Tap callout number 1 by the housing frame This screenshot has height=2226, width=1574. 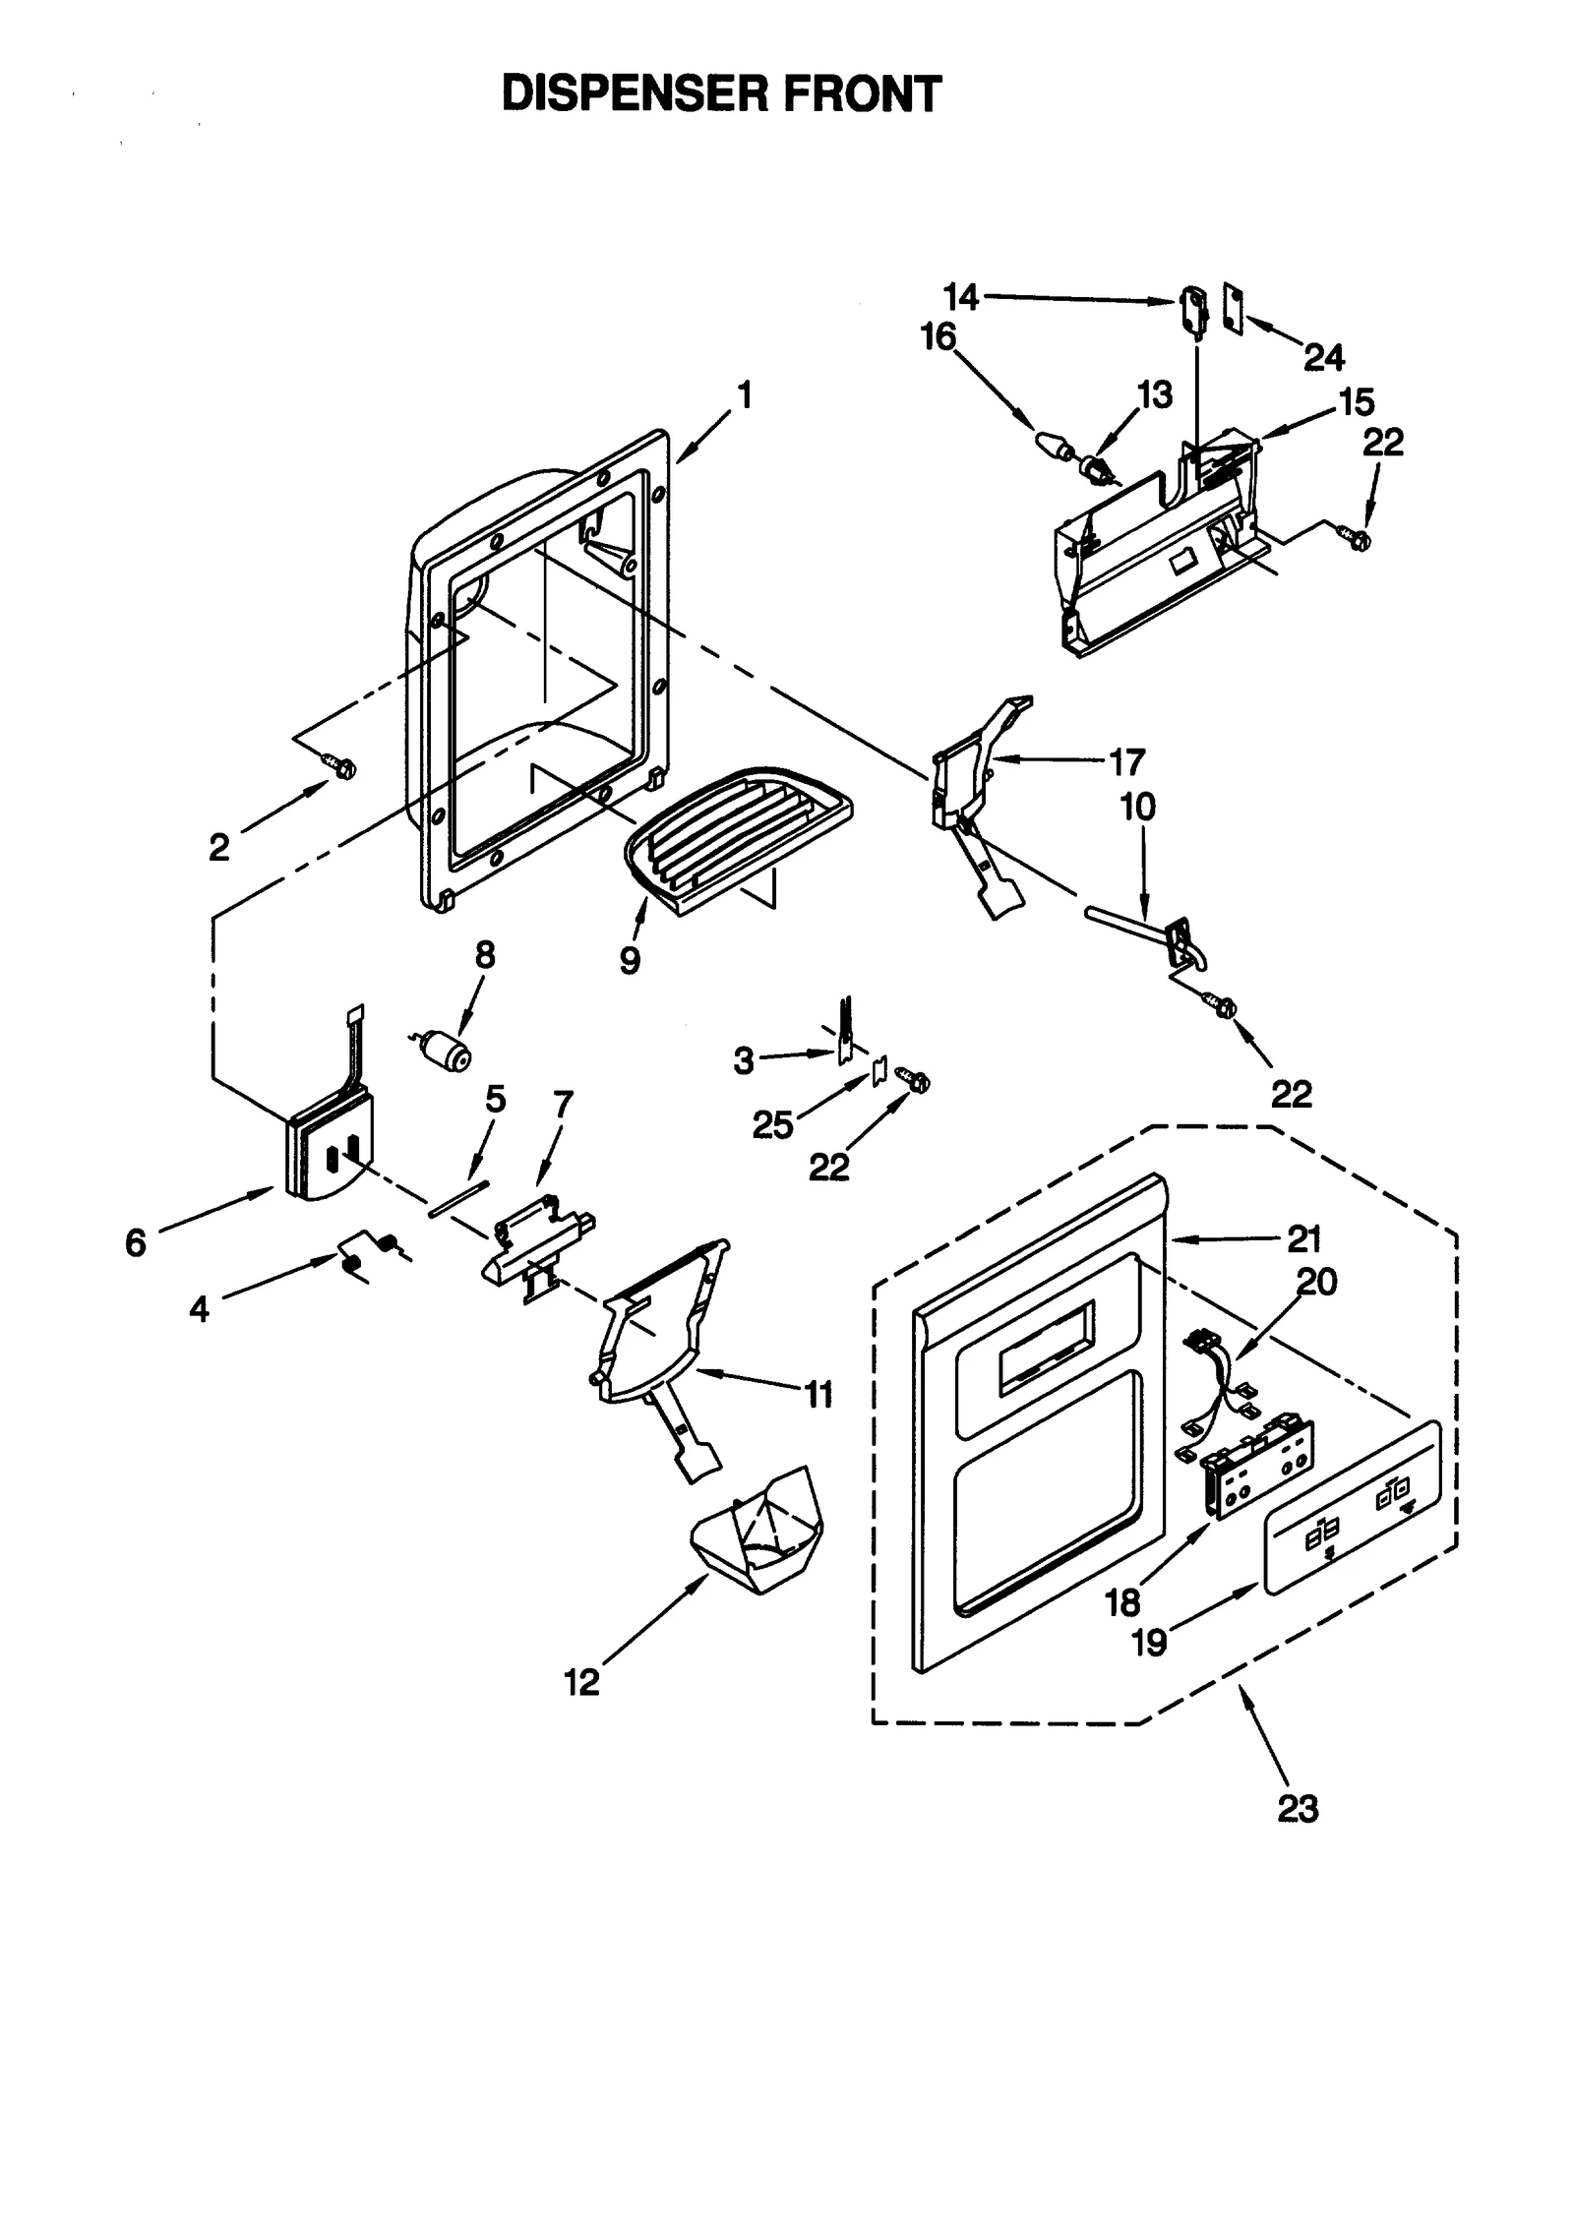coord(745,395)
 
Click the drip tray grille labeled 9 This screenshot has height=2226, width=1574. coord(733,826)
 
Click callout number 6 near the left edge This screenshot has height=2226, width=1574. coord(135,1242)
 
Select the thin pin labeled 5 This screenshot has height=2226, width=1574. coord(458,1201)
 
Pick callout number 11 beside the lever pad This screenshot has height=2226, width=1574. coord(818,1394)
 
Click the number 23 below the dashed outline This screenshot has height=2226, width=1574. coord(1297,1808)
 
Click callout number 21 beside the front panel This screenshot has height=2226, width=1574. coord(1304,1240)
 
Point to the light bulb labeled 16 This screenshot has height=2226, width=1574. coord(1054,448)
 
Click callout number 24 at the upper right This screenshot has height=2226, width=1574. coord(1323,358)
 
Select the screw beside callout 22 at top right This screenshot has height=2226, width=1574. coord(1357,537)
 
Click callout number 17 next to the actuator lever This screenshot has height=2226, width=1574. coord(1126,761)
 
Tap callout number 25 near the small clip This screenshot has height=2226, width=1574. coord(772,1124)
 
